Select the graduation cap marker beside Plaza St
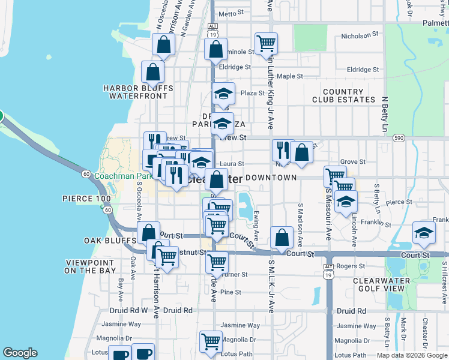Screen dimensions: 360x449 [223, 94]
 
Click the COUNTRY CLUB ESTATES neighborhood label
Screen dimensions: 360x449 [343, 95]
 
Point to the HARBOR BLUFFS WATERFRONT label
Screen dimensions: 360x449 [137, 92]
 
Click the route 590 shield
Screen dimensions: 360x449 [399, 138]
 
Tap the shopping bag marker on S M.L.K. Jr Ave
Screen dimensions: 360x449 [282, 238]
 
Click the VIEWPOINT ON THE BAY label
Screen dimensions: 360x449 [90, 266]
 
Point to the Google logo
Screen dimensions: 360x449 [20, 353]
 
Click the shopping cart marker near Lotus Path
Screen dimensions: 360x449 [211, 341]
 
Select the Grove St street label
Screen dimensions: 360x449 [353, 162]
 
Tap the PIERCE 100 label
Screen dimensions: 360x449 [86, 198]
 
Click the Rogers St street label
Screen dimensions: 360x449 [351, 266]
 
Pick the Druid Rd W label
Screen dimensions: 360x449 [125, 310]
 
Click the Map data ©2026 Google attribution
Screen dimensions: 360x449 [411, 355]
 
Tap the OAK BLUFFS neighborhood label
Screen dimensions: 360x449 [110, 241]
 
